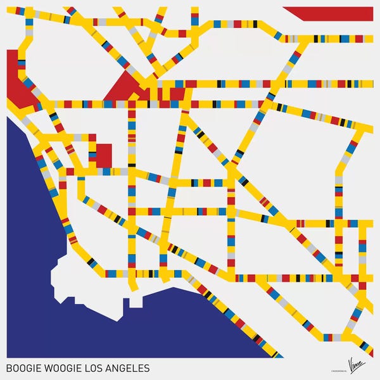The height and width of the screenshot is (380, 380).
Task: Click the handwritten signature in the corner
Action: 358,365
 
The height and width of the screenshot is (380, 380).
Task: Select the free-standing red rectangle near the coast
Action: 103,156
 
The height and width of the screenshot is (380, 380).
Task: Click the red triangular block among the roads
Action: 124,89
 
